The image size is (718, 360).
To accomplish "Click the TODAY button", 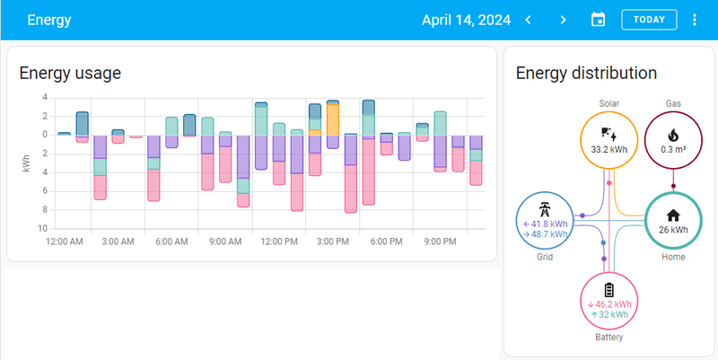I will click(649, 20).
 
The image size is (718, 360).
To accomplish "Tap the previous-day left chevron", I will click(529, 20).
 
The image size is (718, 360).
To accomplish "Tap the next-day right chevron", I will click(563, 20).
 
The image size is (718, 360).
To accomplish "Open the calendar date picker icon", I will click(599, 20).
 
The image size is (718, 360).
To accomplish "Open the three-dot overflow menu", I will click(695, 20).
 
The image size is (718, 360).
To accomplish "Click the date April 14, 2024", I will click(467, 20).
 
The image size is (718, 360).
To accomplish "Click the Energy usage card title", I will click(70, 74).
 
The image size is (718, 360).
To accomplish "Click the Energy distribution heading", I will click(586, 74).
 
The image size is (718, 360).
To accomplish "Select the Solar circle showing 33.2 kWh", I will click(609, 138).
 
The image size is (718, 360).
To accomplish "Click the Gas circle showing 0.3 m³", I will click(673, 138).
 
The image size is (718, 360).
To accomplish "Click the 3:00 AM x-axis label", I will click(118, 241).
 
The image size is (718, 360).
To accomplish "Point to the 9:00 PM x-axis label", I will click(440, 241).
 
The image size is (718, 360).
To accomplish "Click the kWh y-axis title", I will click(27, 162).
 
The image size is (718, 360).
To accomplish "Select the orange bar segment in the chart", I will click(332, 119).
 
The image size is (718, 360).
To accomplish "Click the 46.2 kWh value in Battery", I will click(613, 304).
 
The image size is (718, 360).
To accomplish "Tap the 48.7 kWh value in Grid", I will click(547, 233).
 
